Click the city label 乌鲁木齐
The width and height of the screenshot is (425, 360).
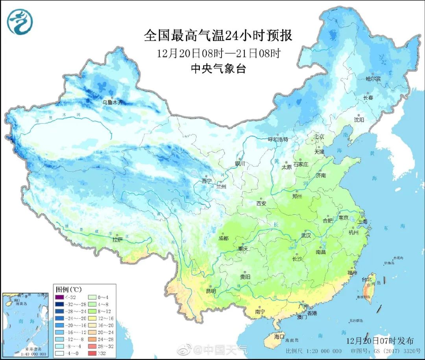pos(113,102)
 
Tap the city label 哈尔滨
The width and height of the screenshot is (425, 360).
pos(373,79)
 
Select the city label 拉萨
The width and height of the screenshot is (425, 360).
pos(117,239)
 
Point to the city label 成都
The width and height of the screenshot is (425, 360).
pos(224,238)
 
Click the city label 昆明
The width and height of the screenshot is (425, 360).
pos(211,291)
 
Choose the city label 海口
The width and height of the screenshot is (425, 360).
pos(279,337)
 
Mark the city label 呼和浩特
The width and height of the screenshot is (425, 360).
pos(278,139)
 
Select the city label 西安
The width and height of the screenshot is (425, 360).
pos(262,204)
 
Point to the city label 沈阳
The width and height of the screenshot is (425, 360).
pos(359,119)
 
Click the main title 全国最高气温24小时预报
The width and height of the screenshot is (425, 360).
pos(218,36)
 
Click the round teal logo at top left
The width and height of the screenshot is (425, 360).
pos(20,21)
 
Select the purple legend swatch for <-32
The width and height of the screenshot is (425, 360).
pos(60,297)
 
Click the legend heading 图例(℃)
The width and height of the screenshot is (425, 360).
pos(66,289)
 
